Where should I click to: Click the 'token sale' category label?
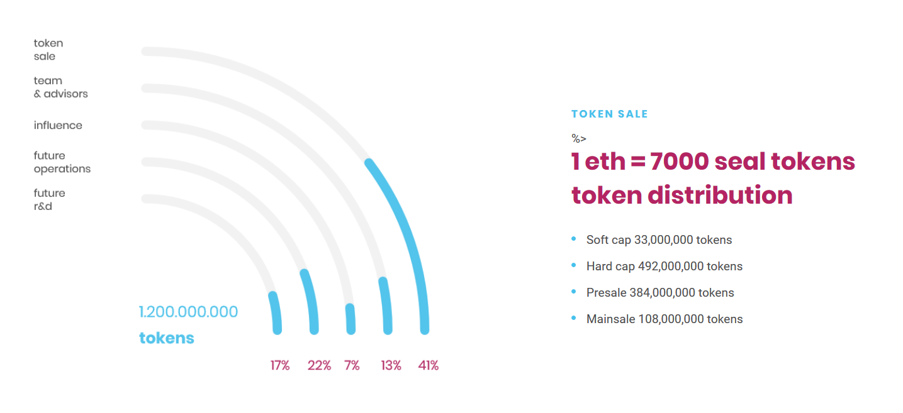point(48,50)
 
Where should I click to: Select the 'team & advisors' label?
point(61,87)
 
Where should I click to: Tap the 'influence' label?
point(58,125)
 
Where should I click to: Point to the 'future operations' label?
point(62,162)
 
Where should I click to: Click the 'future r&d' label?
point(49,200)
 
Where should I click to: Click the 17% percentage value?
point(280,365)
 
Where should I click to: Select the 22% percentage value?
point(319,365)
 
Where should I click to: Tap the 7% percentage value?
point(352,365)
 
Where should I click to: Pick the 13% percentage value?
point(391,365)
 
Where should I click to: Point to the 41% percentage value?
point(428,365)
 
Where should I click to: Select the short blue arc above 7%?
point(351,319)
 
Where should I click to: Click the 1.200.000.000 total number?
point(188,312)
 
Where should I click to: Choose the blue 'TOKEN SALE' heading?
point(610,114)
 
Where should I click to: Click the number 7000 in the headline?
point(679,162)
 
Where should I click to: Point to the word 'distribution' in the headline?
point(720,195)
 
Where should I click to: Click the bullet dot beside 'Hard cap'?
point(574,265)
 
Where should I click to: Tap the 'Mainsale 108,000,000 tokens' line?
point(665,319)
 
